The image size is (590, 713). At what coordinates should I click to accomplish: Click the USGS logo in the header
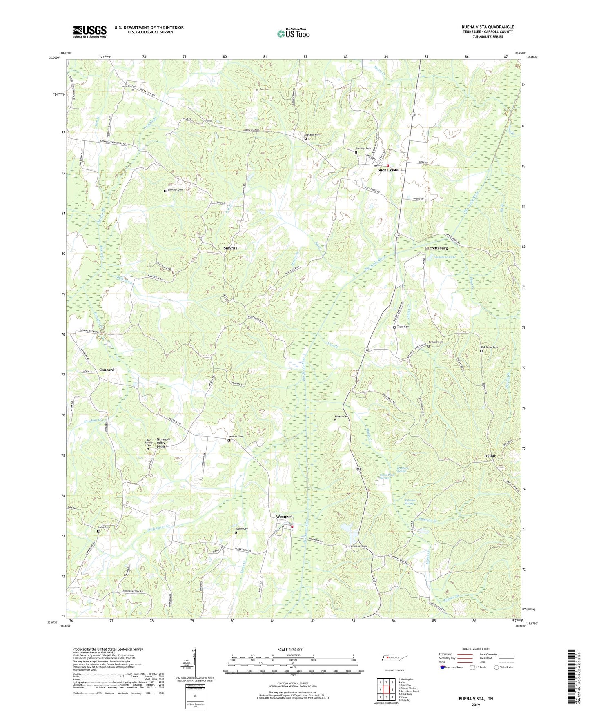[90, 31]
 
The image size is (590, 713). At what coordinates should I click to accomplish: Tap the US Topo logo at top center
[293, 33]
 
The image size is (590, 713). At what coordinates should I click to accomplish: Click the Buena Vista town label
[387, 170]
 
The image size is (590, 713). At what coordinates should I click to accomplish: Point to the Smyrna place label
[230, 248]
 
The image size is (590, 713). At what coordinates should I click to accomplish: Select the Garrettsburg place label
[436, 248]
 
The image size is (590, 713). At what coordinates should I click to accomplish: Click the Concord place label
[107, 370]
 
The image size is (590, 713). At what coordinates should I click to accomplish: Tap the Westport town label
[284, 517]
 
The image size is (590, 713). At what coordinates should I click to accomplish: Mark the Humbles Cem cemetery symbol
[133, 90]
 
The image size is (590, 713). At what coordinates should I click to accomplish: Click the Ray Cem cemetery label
[264, 90]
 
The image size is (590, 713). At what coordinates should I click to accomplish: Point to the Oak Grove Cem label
[489, 347]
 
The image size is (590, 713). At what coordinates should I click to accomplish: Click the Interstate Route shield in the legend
[443, 668]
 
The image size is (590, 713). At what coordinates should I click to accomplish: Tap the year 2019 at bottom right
[476, 705]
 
